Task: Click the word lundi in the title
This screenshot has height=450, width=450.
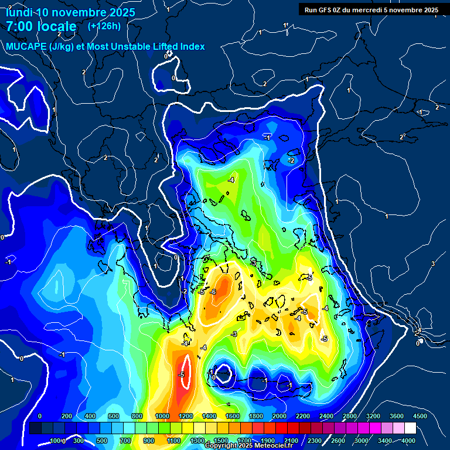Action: [x=19, y=12]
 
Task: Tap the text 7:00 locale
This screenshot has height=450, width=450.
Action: [x=41, y=26]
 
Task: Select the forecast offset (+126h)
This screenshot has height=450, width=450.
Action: [x=104, y=26]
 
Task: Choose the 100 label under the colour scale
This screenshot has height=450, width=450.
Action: [x=56, y=441]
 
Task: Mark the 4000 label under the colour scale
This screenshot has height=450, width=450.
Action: [x=408, y=441]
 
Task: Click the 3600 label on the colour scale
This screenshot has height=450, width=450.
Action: [x=396, y=416]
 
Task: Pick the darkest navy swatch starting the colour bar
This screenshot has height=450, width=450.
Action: [x=35, y=428]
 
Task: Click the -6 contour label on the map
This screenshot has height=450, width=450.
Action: [x=213, y=292]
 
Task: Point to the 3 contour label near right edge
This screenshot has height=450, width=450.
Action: [x=433, y=264]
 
